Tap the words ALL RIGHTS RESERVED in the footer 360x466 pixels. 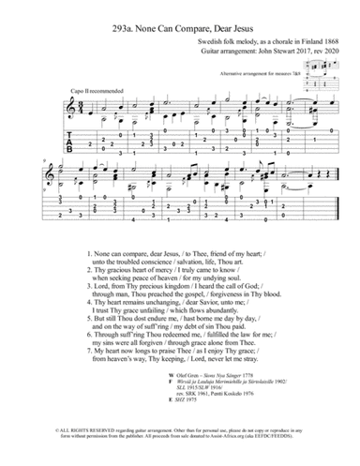coord(40,448)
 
